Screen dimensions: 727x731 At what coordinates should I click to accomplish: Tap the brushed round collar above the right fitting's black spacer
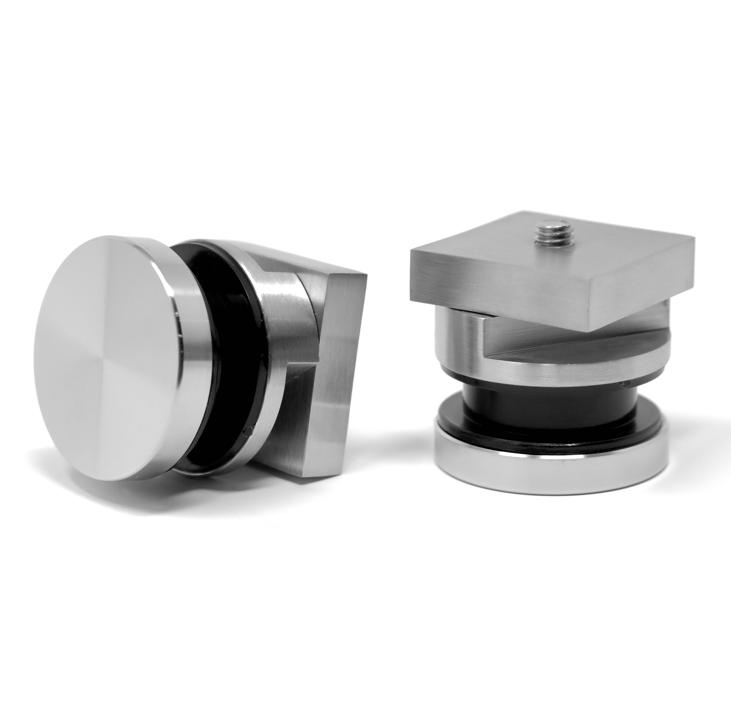pyautogui.click(x=549, y=373)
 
